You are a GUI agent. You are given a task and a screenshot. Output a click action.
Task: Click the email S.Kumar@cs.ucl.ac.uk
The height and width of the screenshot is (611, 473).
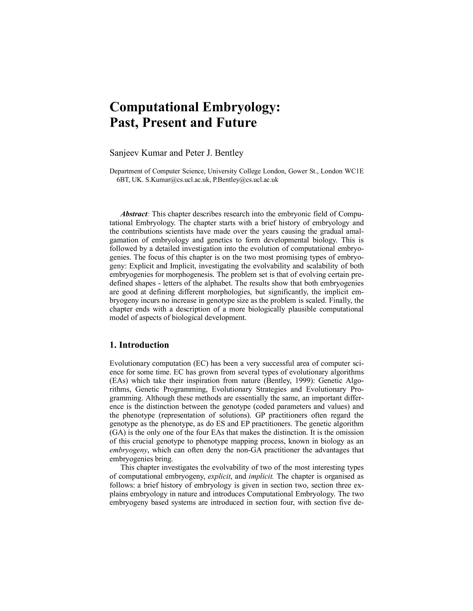coord(178,180)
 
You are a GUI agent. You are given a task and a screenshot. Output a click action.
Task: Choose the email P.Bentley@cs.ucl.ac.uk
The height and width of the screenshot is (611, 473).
coord(246,180)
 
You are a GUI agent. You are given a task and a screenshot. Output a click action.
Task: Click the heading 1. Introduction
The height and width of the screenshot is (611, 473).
coord(139,345)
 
